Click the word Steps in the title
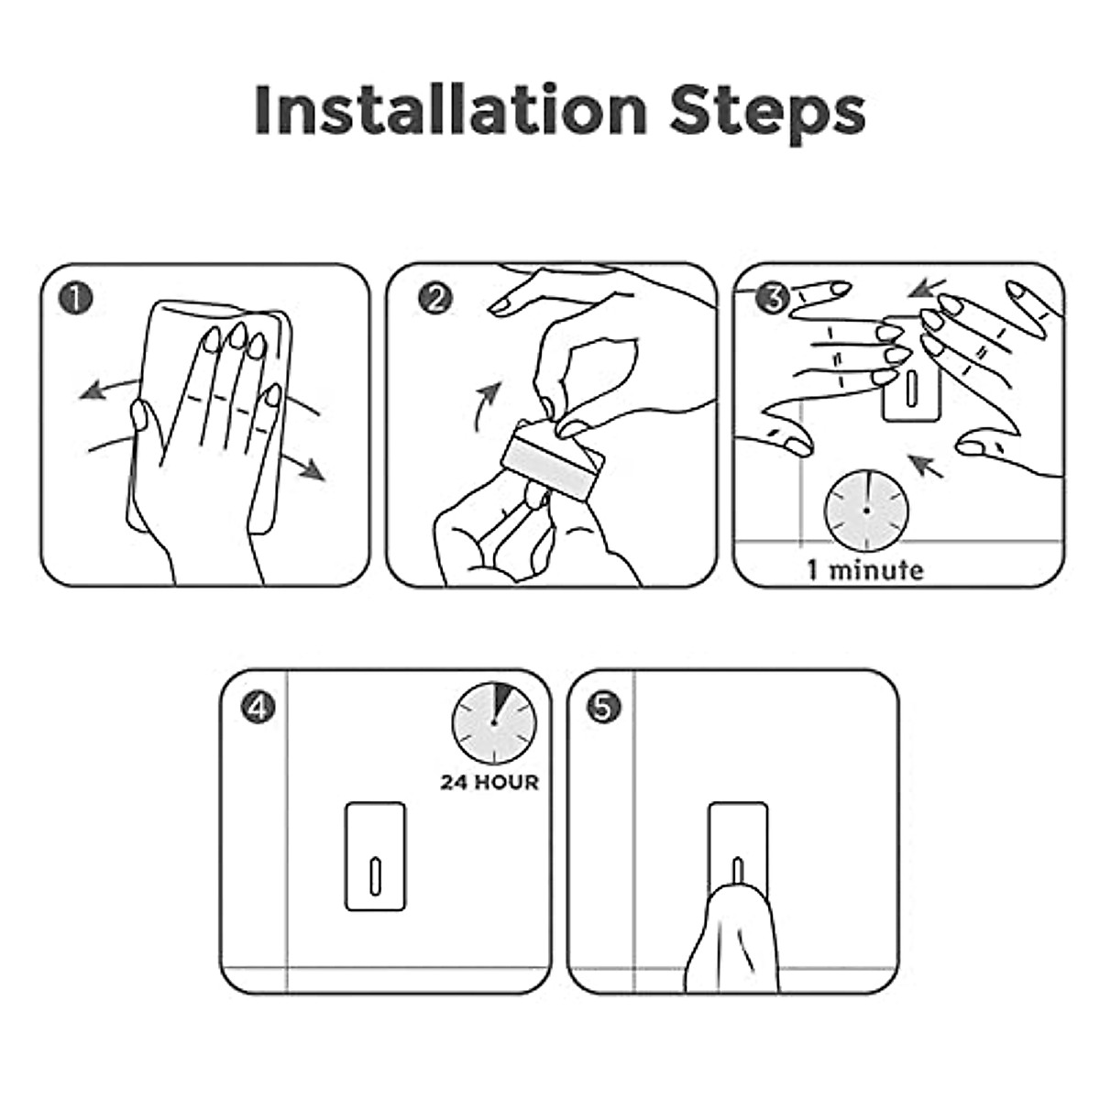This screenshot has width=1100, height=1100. click(768, 114)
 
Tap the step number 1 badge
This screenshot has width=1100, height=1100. click(75, 299)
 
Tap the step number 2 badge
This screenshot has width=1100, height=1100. click(434, 299)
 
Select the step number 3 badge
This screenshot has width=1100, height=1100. click(773, 297)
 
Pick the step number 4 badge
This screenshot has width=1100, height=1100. click(258, 708)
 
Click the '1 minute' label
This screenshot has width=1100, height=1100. click(864, 570)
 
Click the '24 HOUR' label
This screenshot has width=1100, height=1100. click(489, 782)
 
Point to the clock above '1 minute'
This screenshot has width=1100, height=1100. click(866, 511)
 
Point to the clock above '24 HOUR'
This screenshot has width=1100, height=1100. click(494, 722)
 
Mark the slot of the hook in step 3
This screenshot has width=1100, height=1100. click(910, 387)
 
